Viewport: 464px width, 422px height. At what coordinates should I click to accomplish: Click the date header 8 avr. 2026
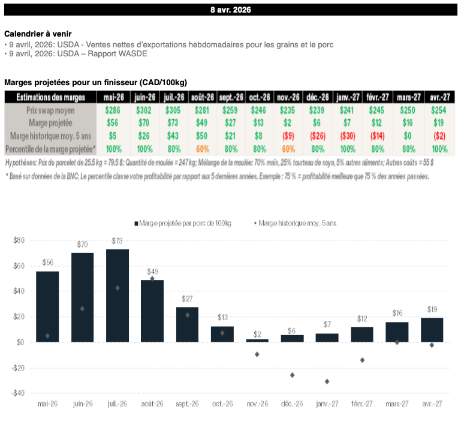pos(231,10)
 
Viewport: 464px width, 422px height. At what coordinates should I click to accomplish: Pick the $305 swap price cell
pos(173,110)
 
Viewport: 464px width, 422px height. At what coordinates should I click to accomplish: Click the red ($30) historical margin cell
pos(347,136)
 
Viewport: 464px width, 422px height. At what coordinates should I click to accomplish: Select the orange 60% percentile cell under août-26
pos(201,149)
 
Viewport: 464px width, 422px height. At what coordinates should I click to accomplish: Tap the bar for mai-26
pos(47,306)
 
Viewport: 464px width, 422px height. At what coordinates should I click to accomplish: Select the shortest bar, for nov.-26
pos(257,340)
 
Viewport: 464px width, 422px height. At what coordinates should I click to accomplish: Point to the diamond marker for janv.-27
pos(327,381)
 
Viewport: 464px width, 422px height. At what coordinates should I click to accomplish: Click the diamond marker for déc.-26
pos(292,375)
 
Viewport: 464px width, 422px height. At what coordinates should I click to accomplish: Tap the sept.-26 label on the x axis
pos(187,405)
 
